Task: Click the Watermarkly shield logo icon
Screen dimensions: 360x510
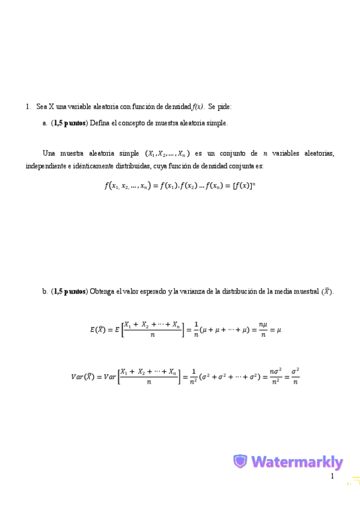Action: click(x=240, y=462)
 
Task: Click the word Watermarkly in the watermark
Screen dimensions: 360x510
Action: click(x=297, y=462)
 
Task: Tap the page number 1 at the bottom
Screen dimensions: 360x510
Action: click(x=331, y=476)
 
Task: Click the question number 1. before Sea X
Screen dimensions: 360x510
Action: click(x=28, y=106)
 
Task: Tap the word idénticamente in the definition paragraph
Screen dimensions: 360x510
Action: click(x=84, y=165)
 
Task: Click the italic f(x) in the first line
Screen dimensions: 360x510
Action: click(x=198, y=106)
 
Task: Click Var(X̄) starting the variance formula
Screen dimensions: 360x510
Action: click(x=82, y=377)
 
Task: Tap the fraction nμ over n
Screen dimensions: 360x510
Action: click(x=262, y=329)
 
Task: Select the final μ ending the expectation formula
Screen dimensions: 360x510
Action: click(x=278, y=329)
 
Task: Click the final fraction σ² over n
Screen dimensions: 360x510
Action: click(x=295, y=377)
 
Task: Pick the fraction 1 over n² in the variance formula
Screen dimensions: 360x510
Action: click(x=196, y=377)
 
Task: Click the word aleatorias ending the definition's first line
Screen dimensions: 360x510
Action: click(x=319, y=153)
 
